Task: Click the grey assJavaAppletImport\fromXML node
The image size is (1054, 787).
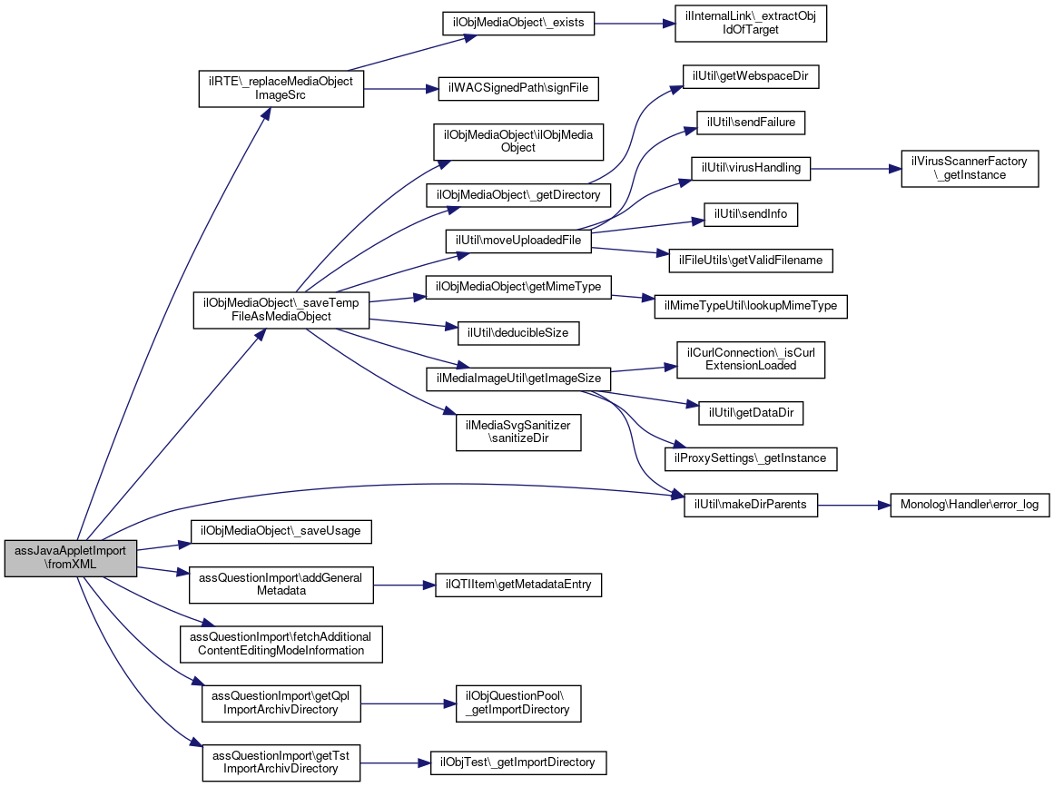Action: point(71,558)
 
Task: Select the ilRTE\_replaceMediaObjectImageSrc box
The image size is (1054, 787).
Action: point(281,89)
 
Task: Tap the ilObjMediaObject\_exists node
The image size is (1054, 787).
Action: point(518,23)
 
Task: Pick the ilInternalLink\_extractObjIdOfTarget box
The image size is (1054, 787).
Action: point(751,24)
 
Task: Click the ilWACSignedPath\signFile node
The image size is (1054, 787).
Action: point(518,89)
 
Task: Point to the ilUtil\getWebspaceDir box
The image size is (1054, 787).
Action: point(751,76)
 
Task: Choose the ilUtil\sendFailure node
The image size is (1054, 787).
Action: point(751,123)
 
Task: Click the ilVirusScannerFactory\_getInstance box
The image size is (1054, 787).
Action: point(970,169)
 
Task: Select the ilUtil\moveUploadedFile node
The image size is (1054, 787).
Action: point(518,241)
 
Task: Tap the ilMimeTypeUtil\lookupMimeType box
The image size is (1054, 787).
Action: point(751,307)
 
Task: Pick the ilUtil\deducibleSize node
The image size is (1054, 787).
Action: point(518,333)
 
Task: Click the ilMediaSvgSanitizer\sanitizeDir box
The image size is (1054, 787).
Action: point(518,432)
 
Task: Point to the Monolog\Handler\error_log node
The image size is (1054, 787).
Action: point(970,505)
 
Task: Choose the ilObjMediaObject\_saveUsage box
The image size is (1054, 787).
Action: point(281,531)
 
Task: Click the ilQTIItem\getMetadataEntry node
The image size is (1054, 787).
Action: point(518,585)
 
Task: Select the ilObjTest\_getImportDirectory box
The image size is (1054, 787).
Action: point(518,762)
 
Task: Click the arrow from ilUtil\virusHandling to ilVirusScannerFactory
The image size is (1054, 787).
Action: point(856,169)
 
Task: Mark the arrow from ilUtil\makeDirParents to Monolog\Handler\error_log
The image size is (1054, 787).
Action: point(854,505)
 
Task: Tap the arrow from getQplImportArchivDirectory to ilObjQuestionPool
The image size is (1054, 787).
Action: point(408,703)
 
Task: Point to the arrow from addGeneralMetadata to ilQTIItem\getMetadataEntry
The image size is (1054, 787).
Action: point(404,585)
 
